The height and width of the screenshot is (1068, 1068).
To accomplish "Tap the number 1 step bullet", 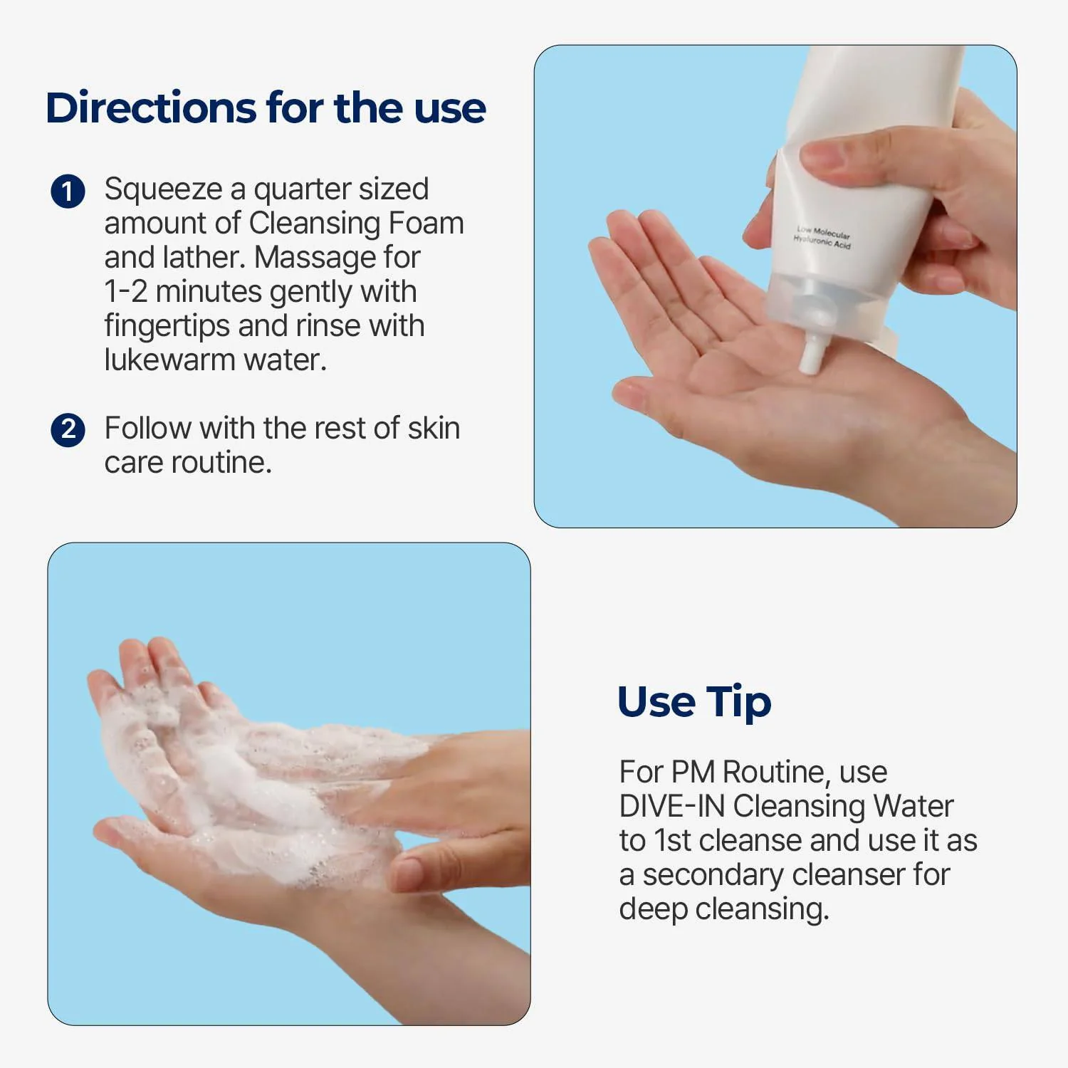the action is pyautogui.click(x=68, y=192).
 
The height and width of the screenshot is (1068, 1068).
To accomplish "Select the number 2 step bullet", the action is pyautogui.click(x=68, y=430).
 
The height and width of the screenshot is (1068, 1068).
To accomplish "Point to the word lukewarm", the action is pyautogui.click(x=169, y=360).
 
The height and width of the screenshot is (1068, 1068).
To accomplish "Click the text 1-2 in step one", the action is pyautogui.click(x=126, y=291).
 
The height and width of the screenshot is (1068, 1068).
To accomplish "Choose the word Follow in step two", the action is pyautogui.click(x=148, y=428).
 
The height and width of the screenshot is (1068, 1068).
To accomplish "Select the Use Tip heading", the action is pyautogui.click(x=694, y=703).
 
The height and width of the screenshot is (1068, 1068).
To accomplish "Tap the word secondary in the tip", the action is pyautogui.click(x=713, y=875).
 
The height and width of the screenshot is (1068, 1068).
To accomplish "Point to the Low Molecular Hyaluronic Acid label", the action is pyautogui.click(x=822, y=237).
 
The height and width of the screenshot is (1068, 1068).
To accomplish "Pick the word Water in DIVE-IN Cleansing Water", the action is pyautogui.click(x=913, y=806).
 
